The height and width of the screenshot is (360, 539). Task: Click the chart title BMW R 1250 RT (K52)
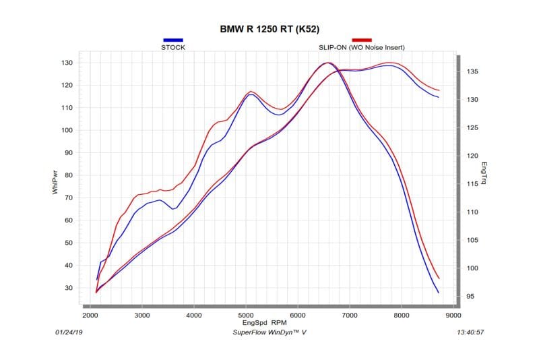point(270,30)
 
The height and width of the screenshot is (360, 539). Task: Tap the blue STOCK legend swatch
point(173,40)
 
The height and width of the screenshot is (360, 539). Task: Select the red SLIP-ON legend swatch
point(362,40)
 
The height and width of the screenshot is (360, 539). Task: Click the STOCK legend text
point(173,48)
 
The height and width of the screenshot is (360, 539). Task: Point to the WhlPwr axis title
point(55,182)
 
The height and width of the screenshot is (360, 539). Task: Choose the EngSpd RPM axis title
point(269,322)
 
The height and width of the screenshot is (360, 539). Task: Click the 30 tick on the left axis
point(68,288)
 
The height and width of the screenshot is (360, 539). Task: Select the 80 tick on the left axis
point(68,175)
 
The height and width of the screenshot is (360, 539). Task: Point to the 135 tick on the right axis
point(473,71)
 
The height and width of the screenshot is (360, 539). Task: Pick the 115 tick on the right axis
point(473,184)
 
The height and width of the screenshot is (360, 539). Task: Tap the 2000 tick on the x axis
point(90,315)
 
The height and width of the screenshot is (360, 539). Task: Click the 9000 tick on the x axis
point(453,315)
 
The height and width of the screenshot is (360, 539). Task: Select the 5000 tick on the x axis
point(246,315)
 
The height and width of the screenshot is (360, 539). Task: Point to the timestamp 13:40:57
point(471,332)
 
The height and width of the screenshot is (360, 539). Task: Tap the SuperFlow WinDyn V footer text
point(269,332)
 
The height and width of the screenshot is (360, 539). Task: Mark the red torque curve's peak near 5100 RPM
point(251,91)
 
